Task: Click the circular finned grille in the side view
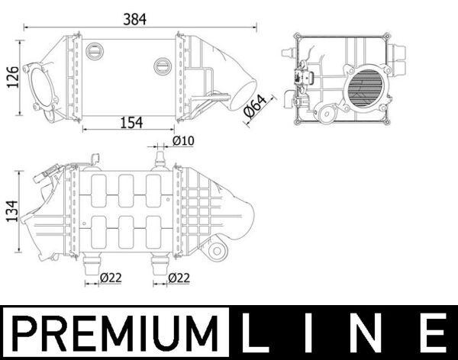[366, 88]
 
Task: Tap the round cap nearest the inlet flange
[95, 51]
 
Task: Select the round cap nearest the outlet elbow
[162, 66]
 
